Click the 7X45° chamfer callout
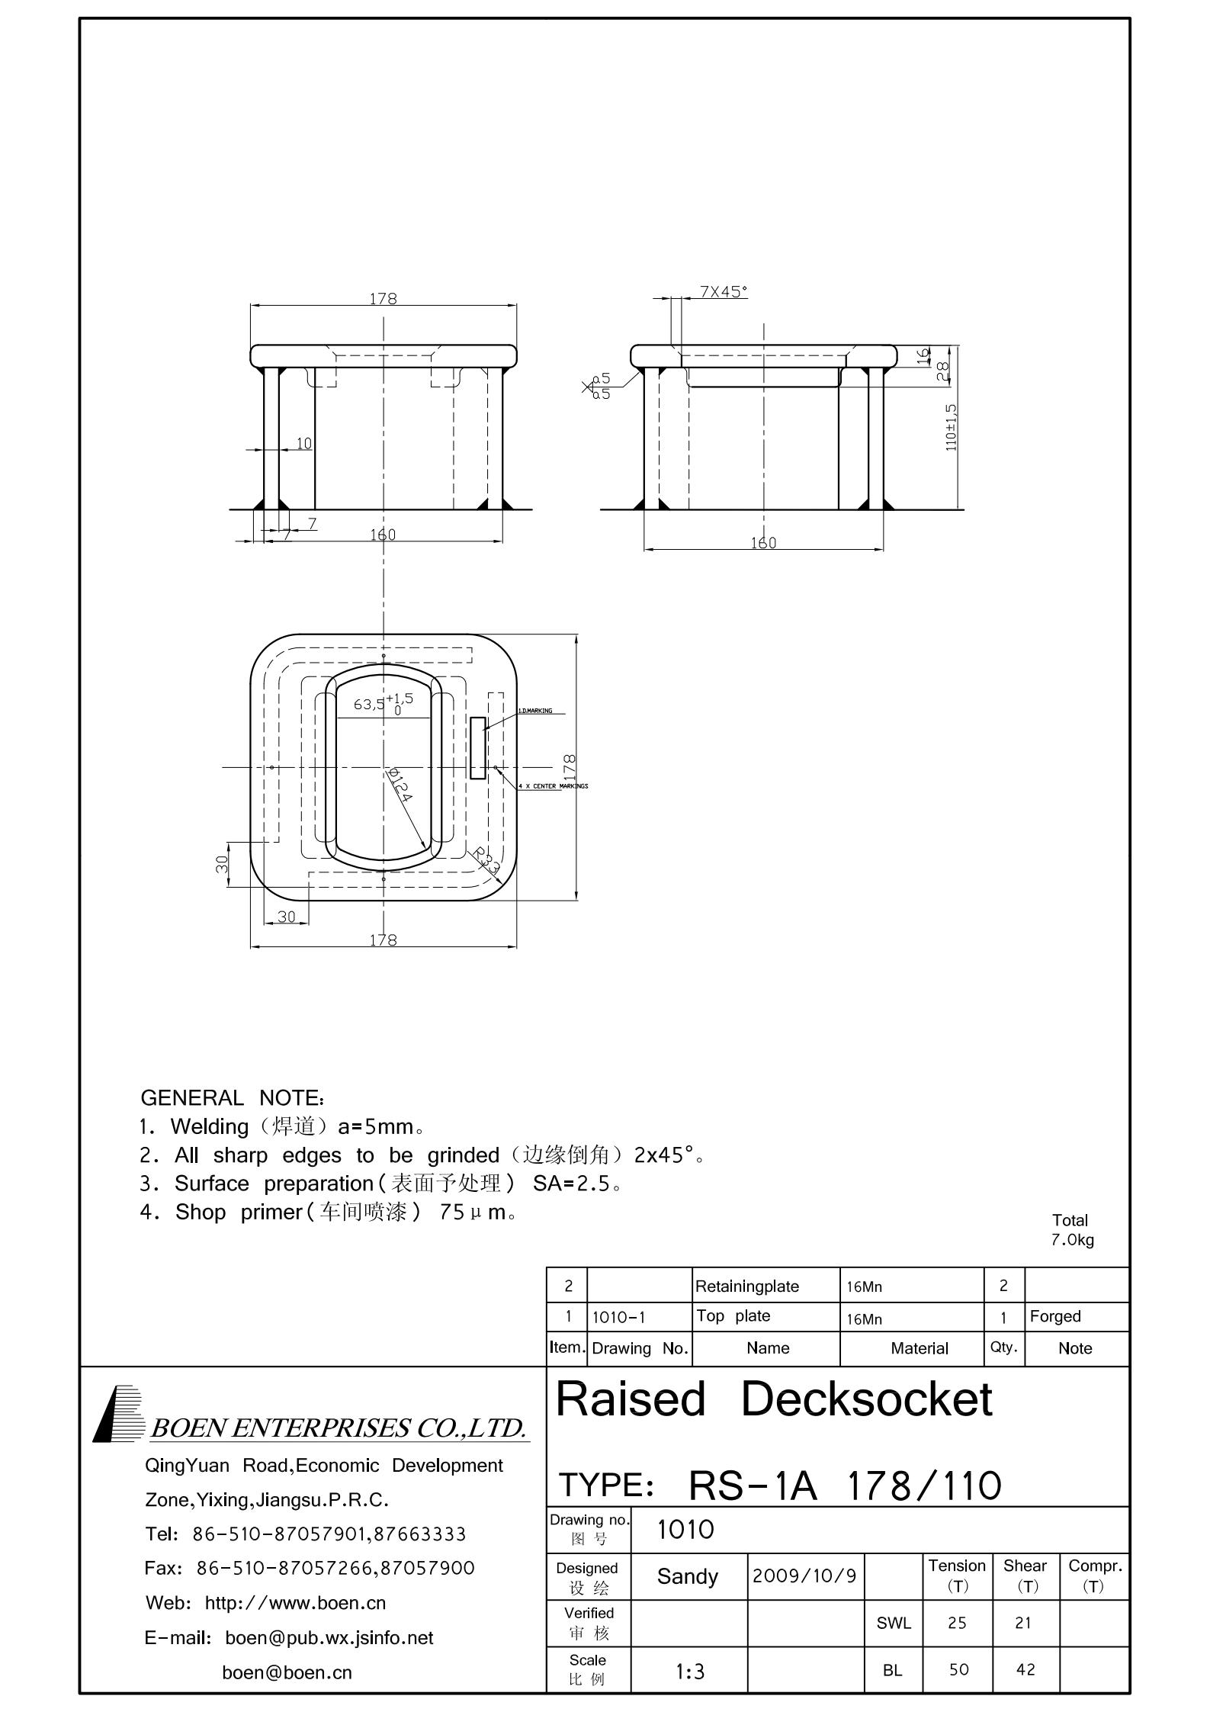coord(724,291)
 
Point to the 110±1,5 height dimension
coord(951,427)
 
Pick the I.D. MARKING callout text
coord(534,711)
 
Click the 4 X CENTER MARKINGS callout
coord(553,786)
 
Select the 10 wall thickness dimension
coord(303,443)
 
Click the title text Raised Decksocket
coord(773,1399)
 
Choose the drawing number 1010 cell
coord(685,1529)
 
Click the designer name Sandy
coord(687,1576)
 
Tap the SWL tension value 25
coord(957,1624)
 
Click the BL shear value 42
coord(1025,1670)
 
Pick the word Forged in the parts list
coord(1055,1316)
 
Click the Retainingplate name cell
coord(746,1286)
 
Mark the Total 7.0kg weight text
coord(1071,1230)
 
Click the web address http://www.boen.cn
coord(295,1603)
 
